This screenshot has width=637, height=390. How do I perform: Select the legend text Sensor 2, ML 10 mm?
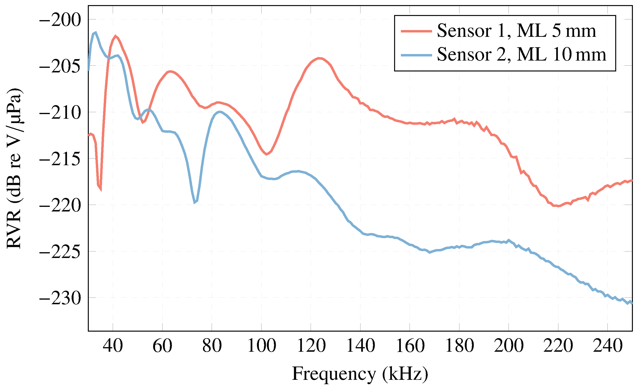(x=521, y=55)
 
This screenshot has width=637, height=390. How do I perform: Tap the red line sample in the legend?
(x=416, y=31)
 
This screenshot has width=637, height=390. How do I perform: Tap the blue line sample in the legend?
(x=416, y=55)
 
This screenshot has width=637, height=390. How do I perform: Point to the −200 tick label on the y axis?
(x=60, y=20)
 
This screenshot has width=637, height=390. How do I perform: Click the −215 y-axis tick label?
(x=60, y=159)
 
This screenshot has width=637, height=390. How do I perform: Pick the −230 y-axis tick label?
(x=60, y=299)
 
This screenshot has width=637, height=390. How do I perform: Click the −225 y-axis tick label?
(x=60, y=252)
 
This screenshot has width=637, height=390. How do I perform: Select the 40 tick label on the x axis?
(x=113, y=346)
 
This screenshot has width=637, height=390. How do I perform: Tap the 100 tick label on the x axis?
(x=261, y=346)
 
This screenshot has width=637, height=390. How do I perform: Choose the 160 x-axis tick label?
(x=410, y=346)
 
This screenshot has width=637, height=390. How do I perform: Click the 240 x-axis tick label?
(x=607, y=346)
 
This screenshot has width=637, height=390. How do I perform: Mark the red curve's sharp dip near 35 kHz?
(x=100, y=189)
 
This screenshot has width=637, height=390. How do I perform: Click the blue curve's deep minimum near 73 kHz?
(x=195, y=203)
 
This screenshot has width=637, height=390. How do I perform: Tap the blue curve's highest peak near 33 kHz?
(x=96, y=33)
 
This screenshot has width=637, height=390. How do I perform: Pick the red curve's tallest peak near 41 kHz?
(x=115, y=36)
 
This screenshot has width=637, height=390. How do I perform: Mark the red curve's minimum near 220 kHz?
(x=558, y=206)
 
